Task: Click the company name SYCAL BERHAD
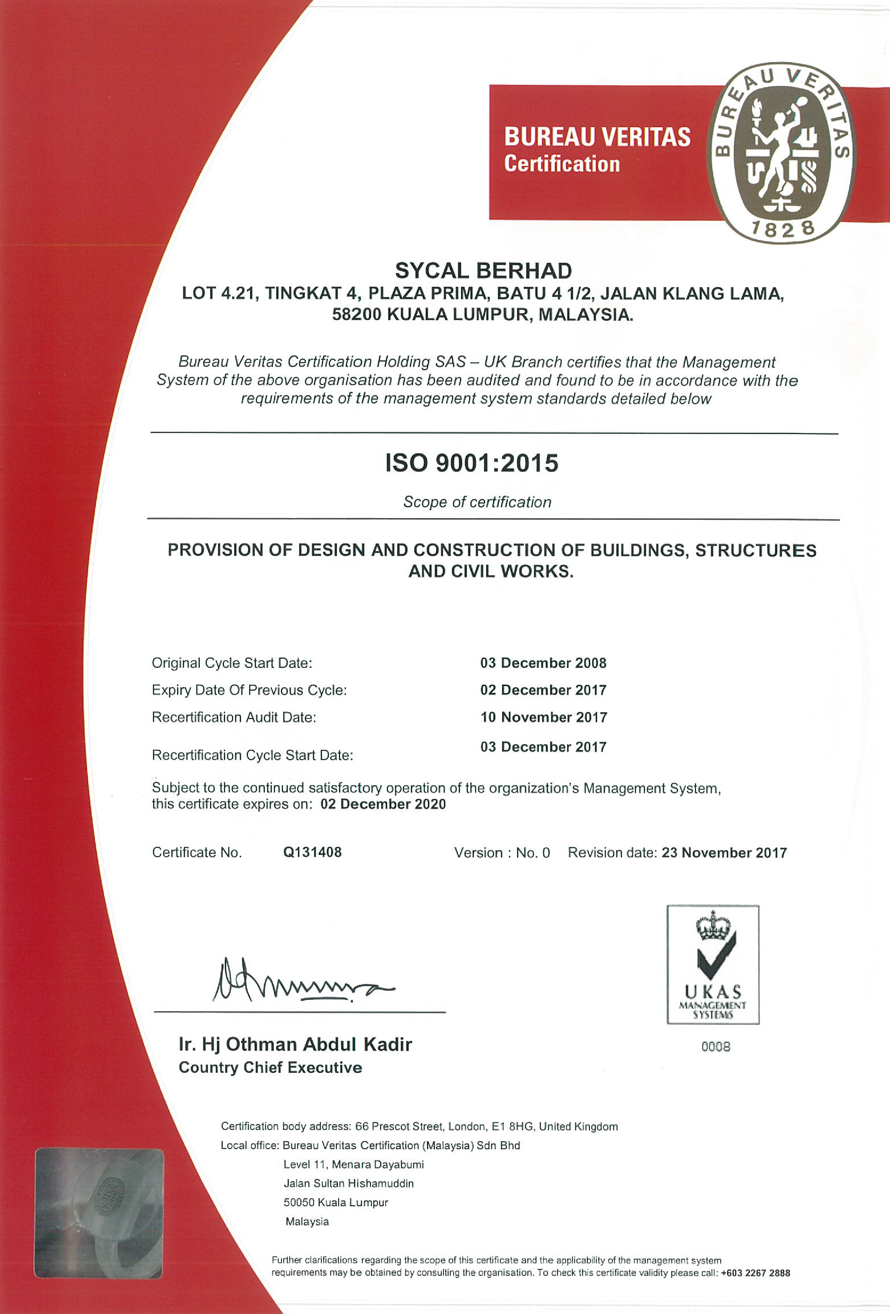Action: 483,271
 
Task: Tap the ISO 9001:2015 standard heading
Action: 472,463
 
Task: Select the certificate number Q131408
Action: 312,852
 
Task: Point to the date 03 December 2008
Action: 543,663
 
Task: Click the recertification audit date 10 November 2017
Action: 544,717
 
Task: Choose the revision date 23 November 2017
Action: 724,853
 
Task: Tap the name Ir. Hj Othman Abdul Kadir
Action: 295,1044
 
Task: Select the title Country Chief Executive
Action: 270,1068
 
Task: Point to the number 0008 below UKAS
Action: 715,1047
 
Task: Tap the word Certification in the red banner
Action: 562,164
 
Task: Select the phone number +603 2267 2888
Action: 755,1273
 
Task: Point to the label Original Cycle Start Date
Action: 232,663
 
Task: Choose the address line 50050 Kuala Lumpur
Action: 336,1202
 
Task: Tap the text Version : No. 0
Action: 502,853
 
